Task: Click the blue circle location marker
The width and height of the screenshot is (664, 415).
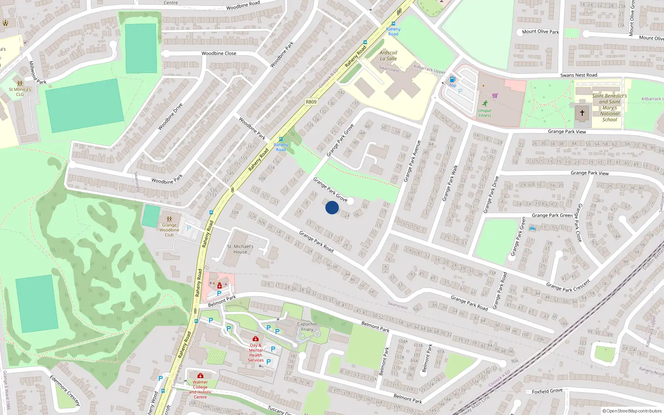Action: click(332, 207)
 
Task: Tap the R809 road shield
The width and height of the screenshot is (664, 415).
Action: click(311, 102)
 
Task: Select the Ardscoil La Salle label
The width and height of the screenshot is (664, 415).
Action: click(388, 56)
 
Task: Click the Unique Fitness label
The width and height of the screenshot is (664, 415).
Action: click(484, 113)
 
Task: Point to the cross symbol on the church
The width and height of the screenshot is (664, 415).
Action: click(582, 112)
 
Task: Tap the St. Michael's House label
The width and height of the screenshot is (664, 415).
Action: click(240, 249)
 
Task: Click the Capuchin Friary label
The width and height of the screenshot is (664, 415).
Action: click(307, 327)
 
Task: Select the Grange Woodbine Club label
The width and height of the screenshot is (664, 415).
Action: click(169, 230)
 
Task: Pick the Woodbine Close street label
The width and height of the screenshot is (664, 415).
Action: click(219, 54)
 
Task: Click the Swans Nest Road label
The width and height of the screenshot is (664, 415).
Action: click(579, 75)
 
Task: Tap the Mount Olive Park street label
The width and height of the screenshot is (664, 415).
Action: click(540, 32)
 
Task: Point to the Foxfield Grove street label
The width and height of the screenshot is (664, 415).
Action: click(547, 391)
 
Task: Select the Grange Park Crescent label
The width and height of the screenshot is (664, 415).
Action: click(568, 286)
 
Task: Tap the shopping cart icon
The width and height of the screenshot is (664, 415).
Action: click(494, 95)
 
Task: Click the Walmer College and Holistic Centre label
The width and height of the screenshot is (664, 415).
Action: click(200, 389)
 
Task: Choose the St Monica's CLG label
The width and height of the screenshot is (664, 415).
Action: click(20, 92)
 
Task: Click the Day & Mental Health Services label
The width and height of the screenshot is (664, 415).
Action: click(256, 353)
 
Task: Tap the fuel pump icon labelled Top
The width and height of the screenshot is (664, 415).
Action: click(452, 79)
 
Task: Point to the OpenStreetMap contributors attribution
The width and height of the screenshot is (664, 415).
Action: click(632, 411)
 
